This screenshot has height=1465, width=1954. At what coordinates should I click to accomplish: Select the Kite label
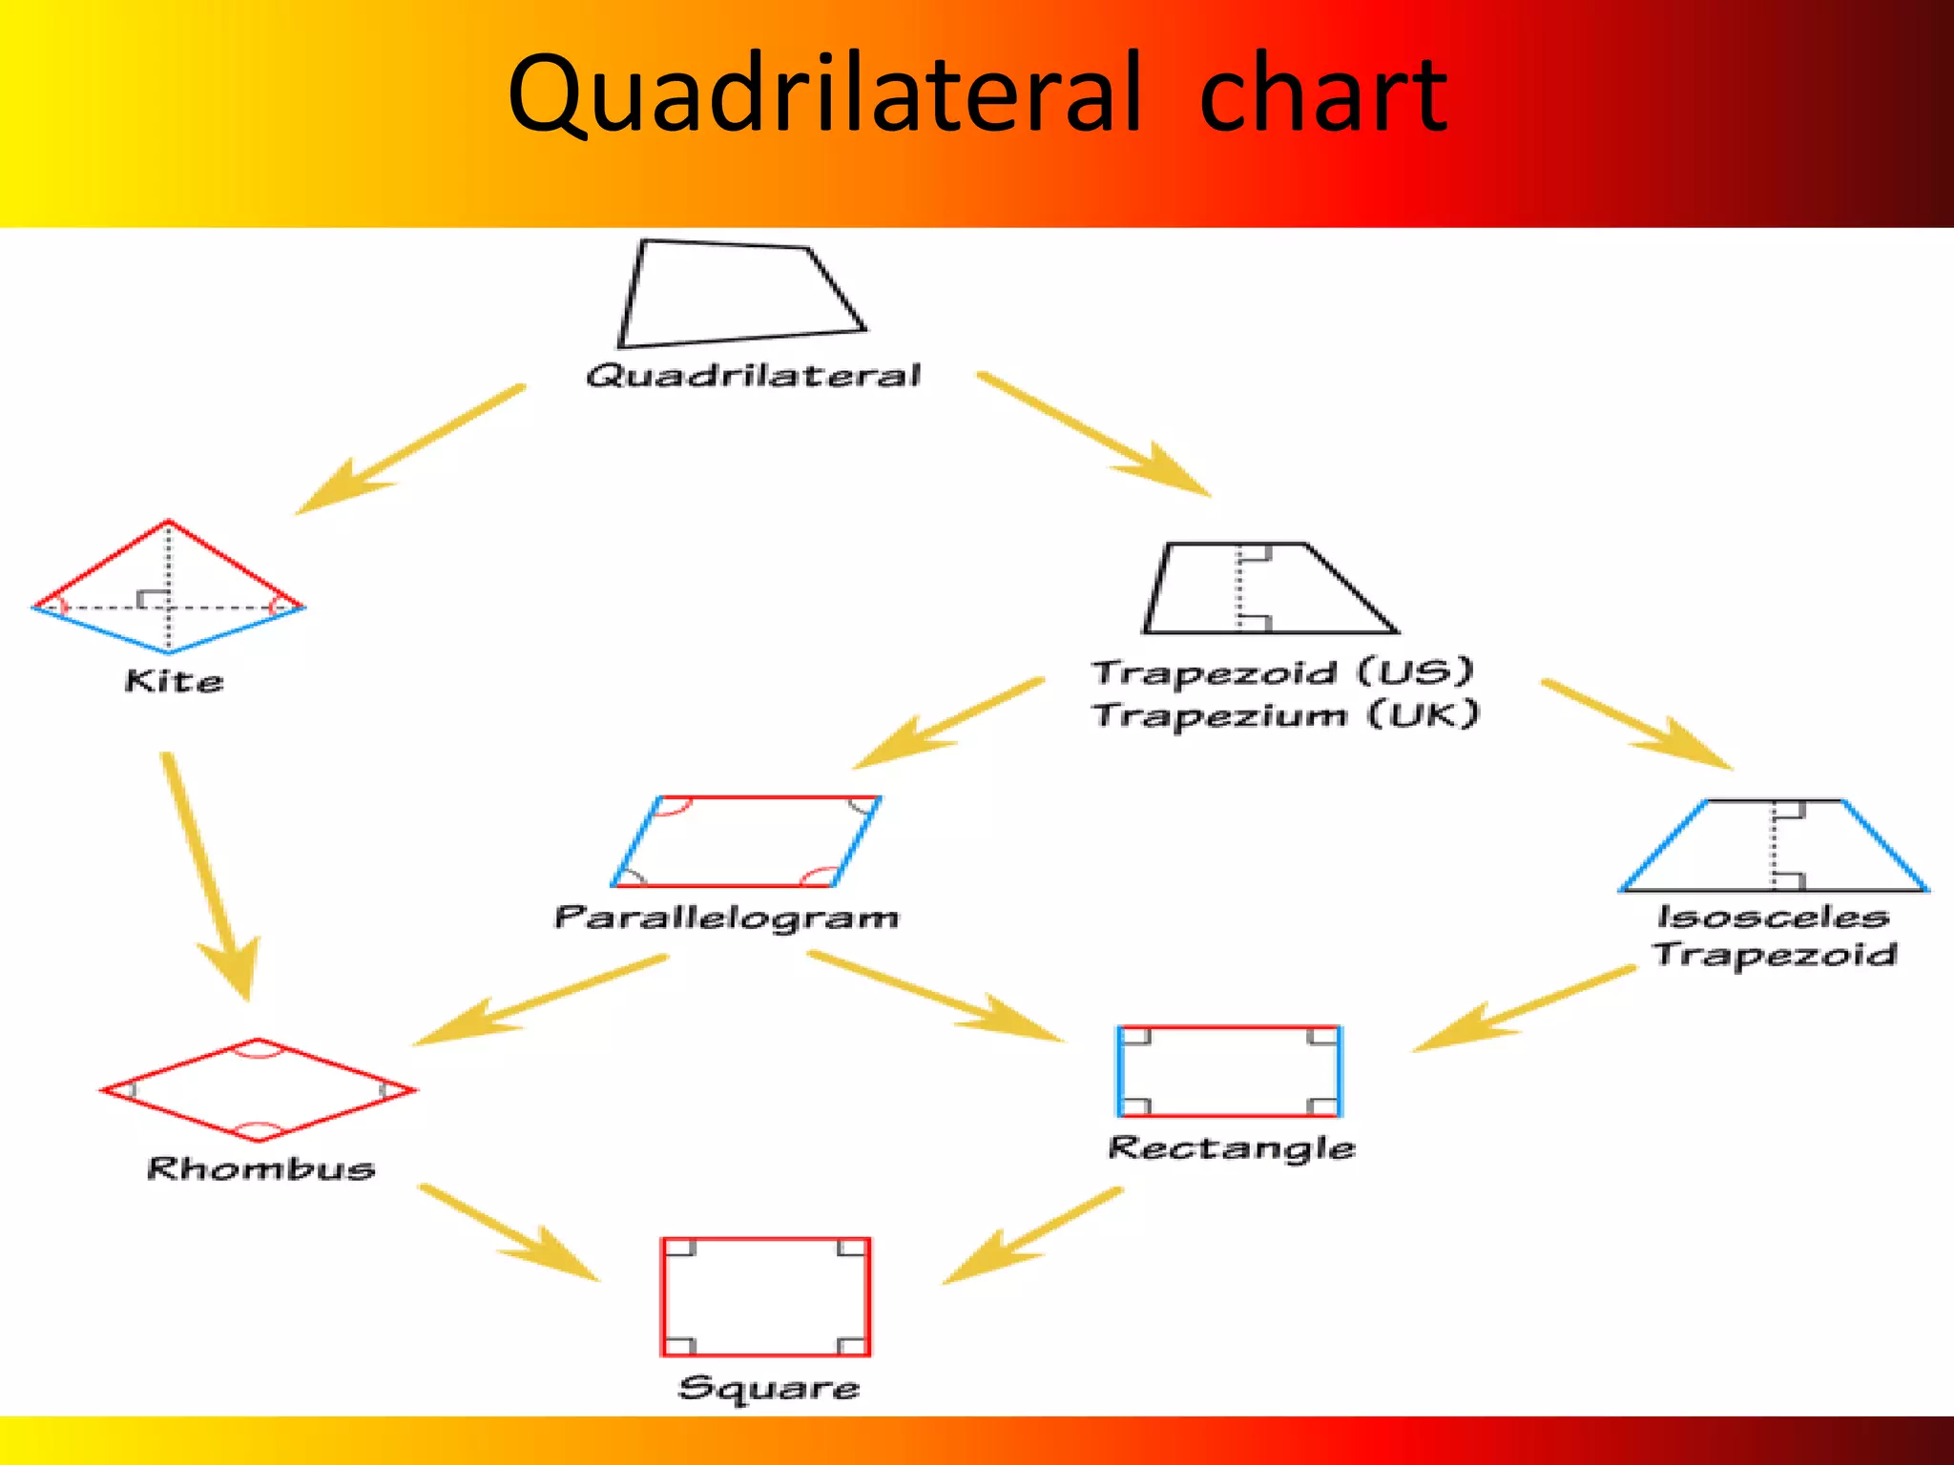click(174, 681)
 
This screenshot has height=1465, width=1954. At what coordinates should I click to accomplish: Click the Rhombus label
click(260, 1168)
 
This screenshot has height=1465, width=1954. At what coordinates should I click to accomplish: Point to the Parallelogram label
click(726, 918)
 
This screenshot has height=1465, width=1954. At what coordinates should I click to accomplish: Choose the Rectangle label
click(1231, 1147)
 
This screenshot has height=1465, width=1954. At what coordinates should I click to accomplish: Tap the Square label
click(768, 1388)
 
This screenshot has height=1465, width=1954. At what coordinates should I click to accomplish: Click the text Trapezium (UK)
click(1285, 714)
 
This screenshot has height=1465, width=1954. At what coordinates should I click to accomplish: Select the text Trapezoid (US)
click(1283, 672)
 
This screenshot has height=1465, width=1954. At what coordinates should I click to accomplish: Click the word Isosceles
click(1773, 917)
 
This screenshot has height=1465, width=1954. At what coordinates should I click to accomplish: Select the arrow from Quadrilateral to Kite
click(410, 449)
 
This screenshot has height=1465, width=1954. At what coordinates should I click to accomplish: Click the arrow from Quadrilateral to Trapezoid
click(1093, 435)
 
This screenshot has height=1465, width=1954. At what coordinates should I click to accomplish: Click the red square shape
click(765, 1297)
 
